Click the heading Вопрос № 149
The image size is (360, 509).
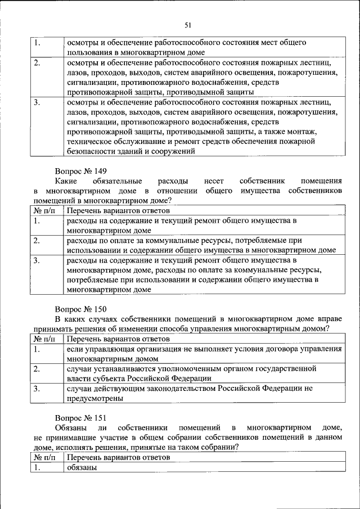(80, 170)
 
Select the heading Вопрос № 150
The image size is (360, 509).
(80, 309)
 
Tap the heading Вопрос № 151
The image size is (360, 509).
(80, 417)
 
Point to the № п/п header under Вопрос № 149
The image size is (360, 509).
(46, 210)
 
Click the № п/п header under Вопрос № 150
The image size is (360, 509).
(46, 339)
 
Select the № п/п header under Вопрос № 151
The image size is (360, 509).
(46, 458)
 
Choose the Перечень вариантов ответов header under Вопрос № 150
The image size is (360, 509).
(118, 339)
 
